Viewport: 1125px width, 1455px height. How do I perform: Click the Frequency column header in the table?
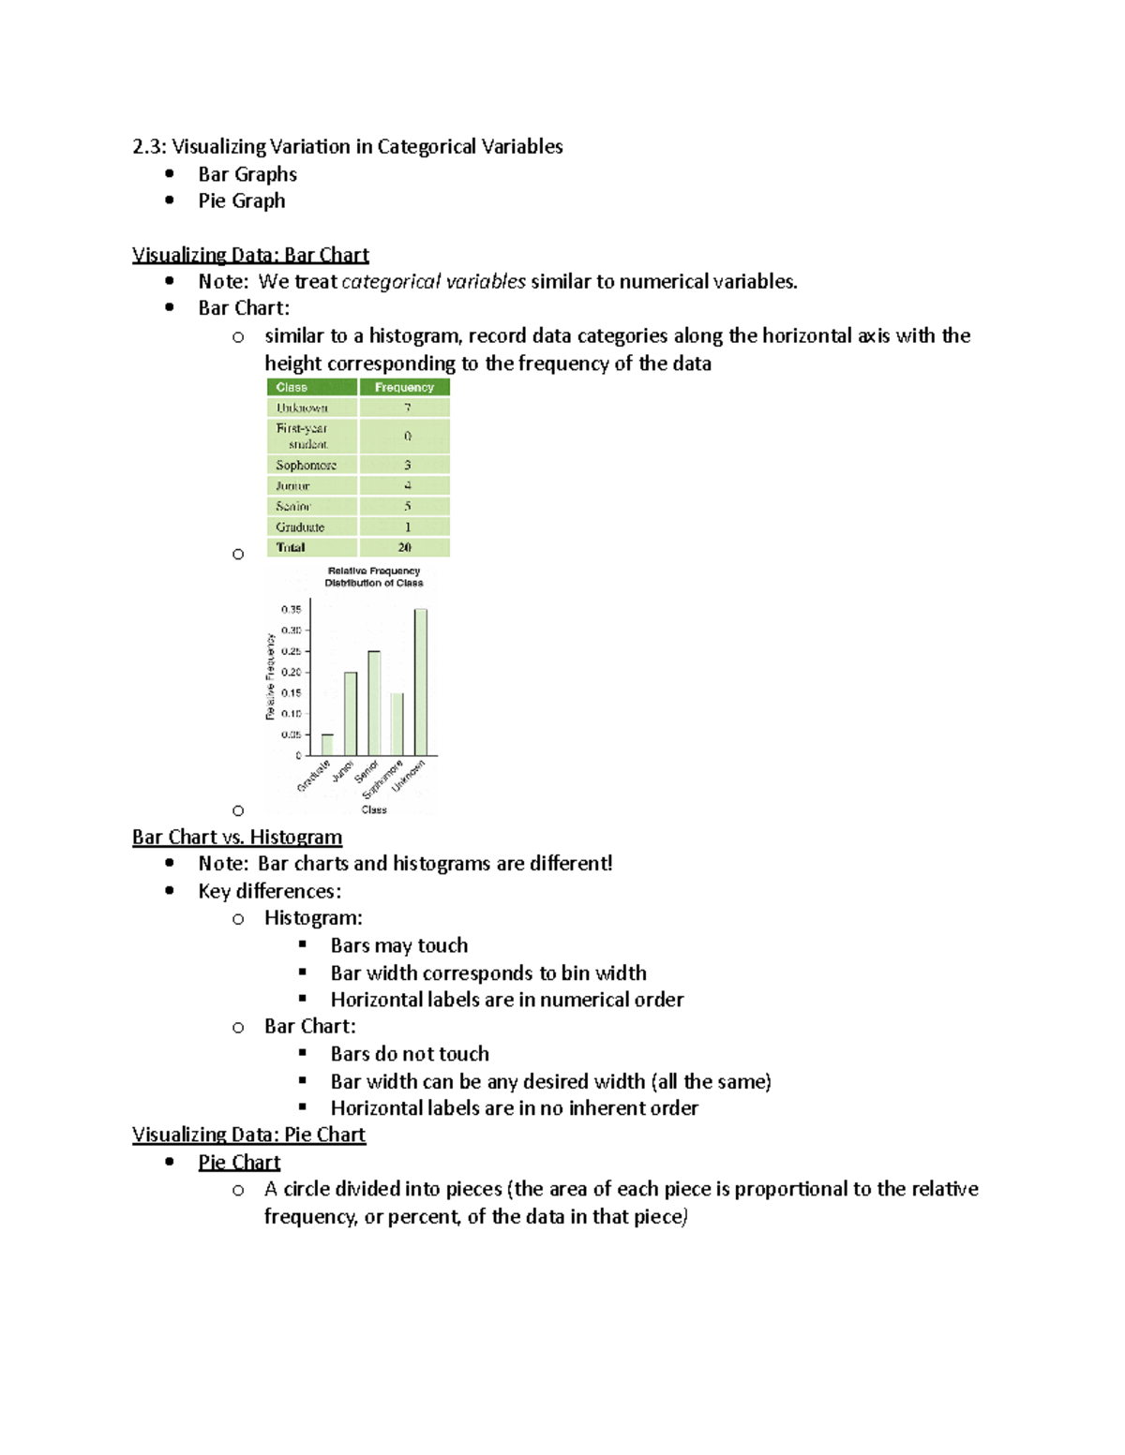(404, 387)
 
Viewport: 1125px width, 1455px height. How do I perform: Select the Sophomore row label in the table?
(307, 465)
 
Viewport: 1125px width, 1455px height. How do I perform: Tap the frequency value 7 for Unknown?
(407, 408)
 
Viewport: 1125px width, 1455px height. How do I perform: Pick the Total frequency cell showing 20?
(404, 547)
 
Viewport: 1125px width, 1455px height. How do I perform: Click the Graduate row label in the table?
(300, 527)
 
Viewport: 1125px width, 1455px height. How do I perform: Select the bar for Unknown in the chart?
(421, 682)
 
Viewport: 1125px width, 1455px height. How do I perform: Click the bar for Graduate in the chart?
(327, 745)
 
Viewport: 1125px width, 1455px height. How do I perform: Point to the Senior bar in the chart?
(374, 703)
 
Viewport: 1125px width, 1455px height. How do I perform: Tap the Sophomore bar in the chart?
(397, 724)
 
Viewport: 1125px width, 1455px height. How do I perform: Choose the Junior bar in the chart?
(351, 714)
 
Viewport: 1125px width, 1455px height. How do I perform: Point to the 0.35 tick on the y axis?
(291, 610)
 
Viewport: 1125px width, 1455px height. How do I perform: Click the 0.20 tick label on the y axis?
(291, 672)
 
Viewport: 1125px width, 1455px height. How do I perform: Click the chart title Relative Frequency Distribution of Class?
(373, 576)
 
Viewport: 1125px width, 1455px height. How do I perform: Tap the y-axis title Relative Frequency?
(270, 676)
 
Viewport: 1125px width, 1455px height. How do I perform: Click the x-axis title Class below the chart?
(374, 809)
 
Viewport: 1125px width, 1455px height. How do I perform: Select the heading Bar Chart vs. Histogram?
(236, 837)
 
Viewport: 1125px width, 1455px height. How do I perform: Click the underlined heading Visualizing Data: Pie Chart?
(248, 1135)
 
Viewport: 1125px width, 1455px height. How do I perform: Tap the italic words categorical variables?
(433, 281)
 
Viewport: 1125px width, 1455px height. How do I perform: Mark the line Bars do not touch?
(410, 1054)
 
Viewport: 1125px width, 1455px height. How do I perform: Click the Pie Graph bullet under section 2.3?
(241, 200)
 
